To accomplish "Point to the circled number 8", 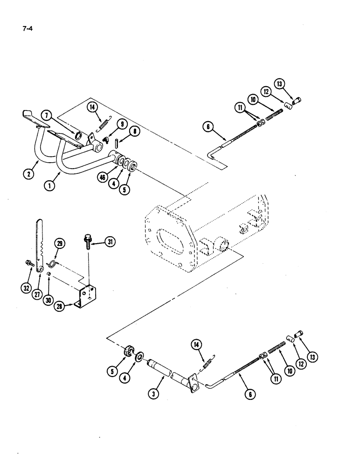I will coord(135,132).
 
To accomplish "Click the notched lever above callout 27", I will coord(39,242).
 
